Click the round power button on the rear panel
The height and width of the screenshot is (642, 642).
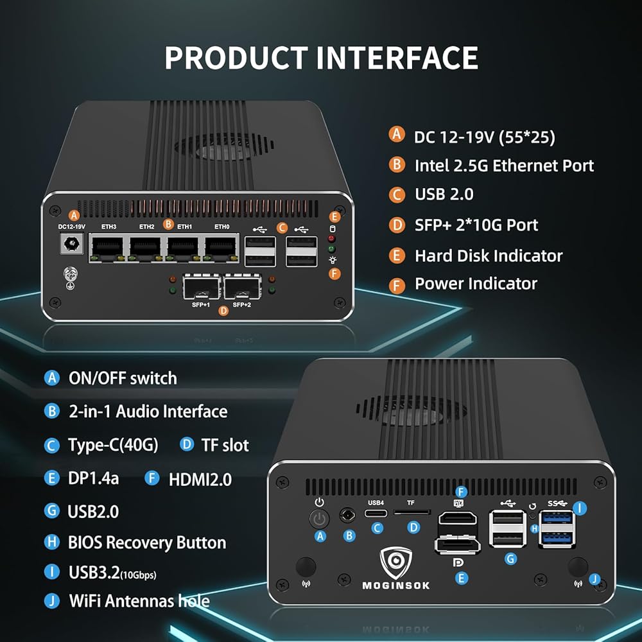tap(319, 518)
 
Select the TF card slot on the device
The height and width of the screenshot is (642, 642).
tap(412, 513)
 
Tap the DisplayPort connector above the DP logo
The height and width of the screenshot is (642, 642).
tap(458, 546)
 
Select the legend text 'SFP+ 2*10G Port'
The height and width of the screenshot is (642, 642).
tap(476, 225)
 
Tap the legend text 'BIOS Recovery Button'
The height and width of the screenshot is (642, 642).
tap(146, 542)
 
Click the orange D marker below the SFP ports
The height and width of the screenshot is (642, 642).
tap(223, 311)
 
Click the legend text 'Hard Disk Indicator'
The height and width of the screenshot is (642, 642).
tap(489, 256)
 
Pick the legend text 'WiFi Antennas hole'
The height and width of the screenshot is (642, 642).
tap(139, 601)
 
